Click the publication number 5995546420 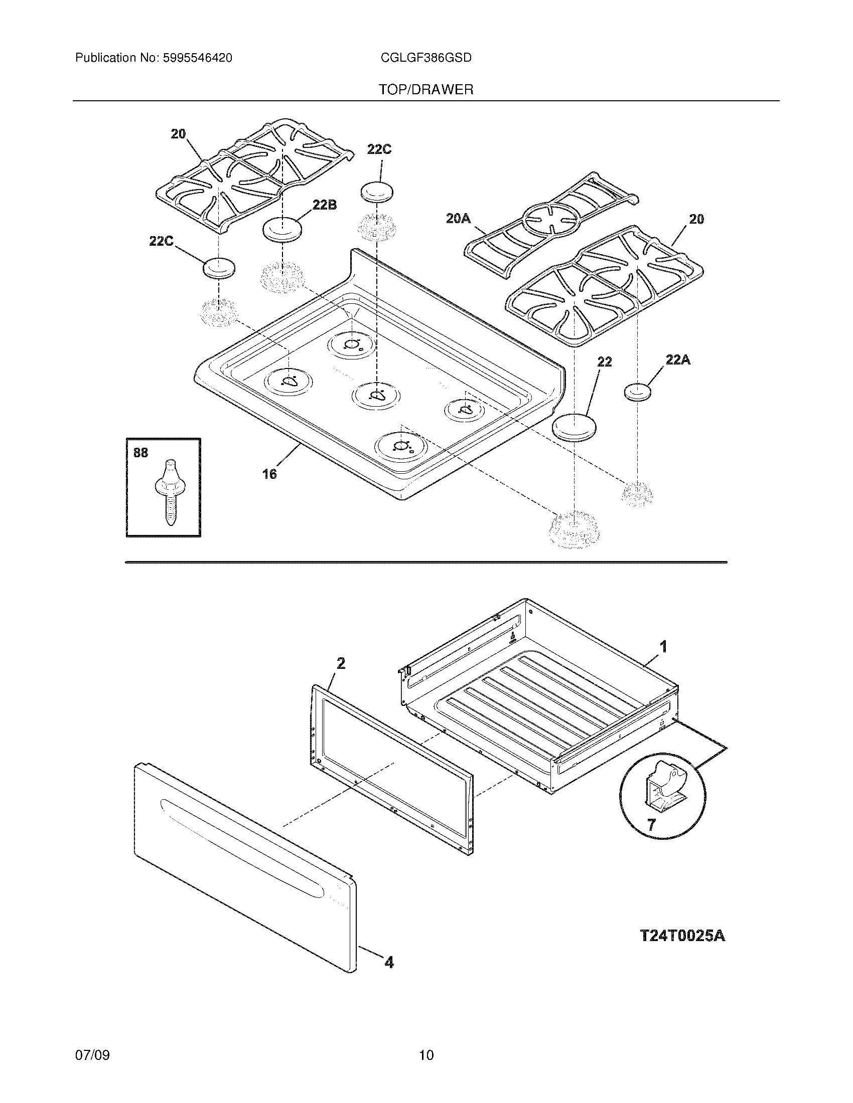pyautogui.click(x=197, y=58)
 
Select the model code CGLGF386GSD pyautogui.click(x=426, y=58)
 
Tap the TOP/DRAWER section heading pyautogui.click(x=426, y=90)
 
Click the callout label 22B pyautogui.click(x=325, y=205)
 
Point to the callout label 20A pyautogui.click(x=458, y=218)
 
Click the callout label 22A pyautogui.click(x=678, y=359)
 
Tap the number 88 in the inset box pyautogui.click(x=140, y=453)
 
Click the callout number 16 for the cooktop pyautogui.click(x=269, y=474)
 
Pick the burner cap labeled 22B pyautogui.click(x=281, y=230)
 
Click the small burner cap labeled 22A pyautogui.click(x=637, y=392)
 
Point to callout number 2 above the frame pyautogui.click(x=341, y=663)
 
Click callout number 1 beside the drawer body pyautogui.click(x=663, y=646)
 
